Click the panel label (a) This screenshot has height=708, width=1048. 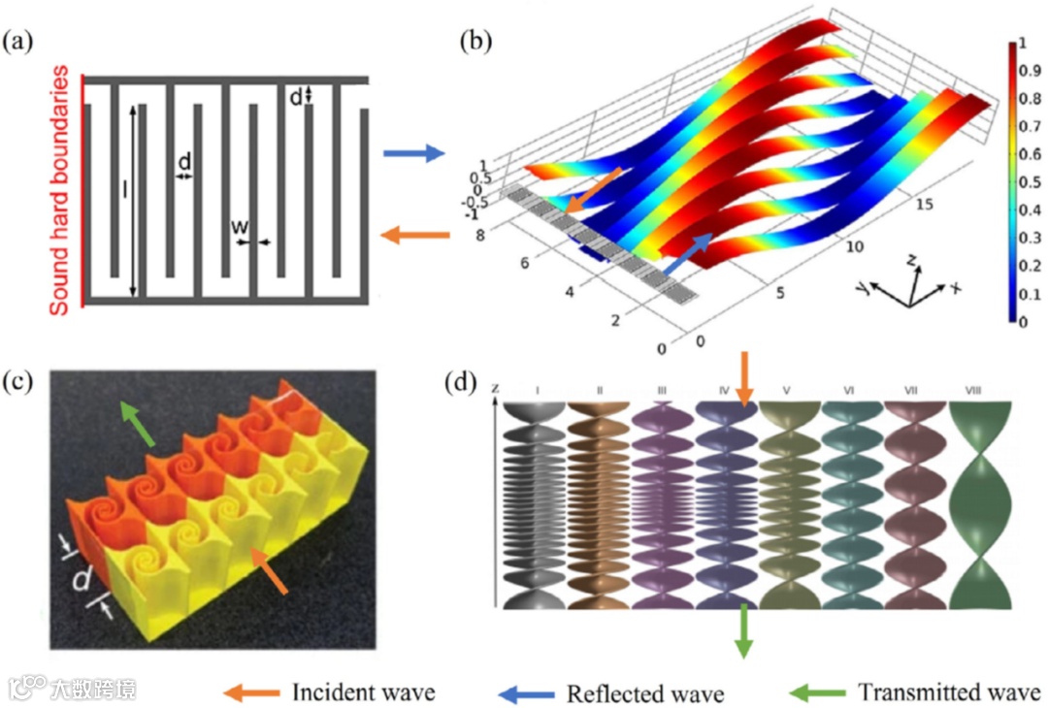[x=20, y=43]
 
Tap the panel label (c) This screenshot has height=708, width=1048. [x=20, y=381]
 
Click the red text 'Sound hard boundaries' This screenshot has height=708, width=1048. [x=60, y=190]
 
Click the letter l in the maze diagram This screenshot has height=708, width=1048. [x=124, y=190]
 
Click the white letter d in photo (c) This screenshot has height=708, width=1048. [x=83, y=579]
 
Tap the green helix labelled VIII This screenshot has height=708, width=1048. [x=980, y=504]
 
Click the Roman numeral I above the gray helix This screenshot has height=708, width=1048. [x=537, y=390]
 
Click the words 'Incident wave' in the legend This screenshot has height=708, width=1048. [x=363, y=692]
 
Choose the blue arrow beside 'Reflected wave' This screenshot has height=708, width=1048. [x=527, y=693]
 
